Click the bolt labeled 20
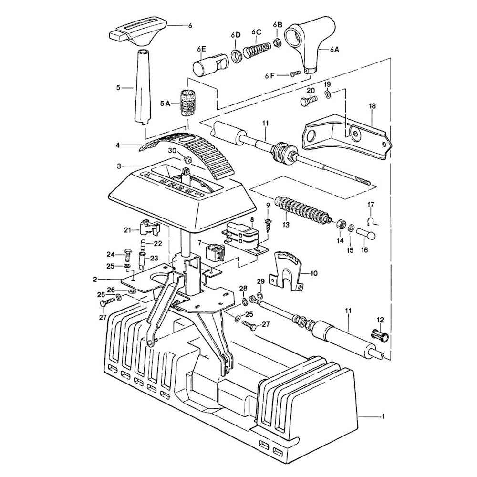click(308, 101)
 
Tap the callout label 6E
click(200, 49)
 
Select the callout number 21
click(127, 230)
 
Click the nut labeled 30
click(188, 159)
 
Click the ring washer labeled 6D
click(236, 56)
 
